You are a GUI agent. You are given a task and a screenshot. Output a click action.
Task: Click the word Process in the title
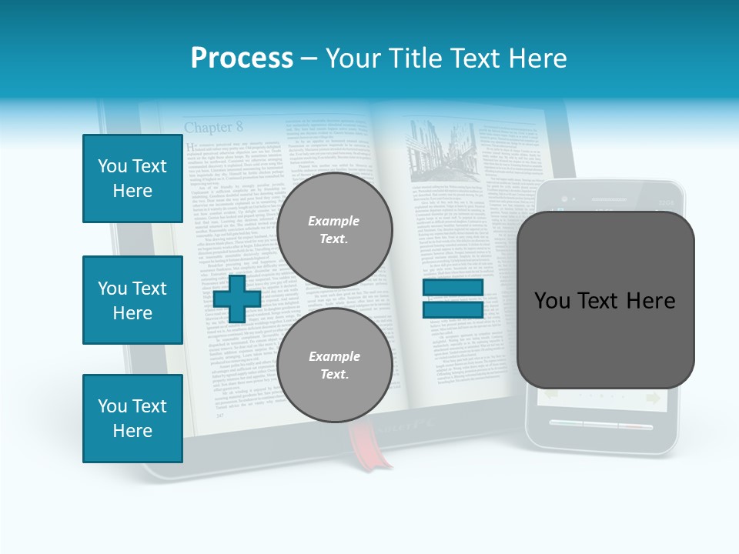pyautogui.click(x=242, y=58)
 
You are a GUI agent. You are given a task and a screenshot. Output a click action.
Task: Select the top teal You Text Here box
pyautogui.click(x=132, y=179)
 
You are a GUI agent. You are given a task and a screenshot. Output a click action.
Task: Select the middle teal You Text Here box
pyautogui.click(x=132, y=300)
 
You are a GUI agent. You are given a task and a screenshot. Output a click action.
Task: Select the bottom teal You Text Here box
pyautogui.click(x=132, y=419)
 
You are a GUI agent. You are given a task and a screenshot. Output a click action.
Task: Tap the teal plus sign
pyautogui.click(x=237, y=299)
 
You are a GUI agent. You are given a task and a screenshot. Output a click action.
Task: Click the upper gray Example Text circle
pyautogui.click(x=334, y=229)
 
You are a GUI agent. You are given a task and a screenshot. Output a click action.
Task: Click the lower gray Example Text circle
pyautogui.click(x=334, y=365)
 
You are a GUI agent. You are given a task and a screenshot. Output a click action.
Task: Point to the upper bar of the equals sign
pyautogui.click(x=453, y=288)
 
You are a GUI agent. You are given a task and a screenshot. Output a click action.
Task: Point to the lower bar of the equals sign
pyautogui.click(x=453, y=310)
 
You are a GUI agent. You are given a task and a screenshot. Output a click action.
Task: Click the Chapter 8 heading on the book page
pyautogui.click(x=213, y=127)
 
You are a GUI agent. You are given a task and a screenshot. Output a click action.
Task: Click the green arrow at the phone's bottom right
pyautogui.click(x=654, y=398)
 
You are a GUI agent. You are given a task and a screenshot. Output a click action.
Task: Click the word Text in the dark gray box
pyautogui.click(x=604, y=301)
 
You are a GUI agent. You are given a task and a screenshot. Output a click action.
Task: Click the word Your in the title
pyautogui.click(x=351, y=58)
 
